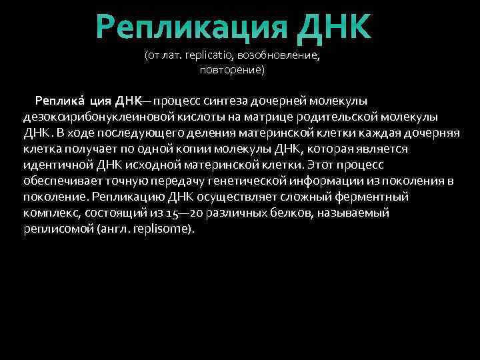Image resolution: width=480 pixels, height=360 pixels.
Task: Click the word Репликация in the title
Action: [x=190, y=27]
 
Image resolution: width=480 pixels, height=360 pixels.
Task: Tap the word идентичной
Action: [x=53, y=165]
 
